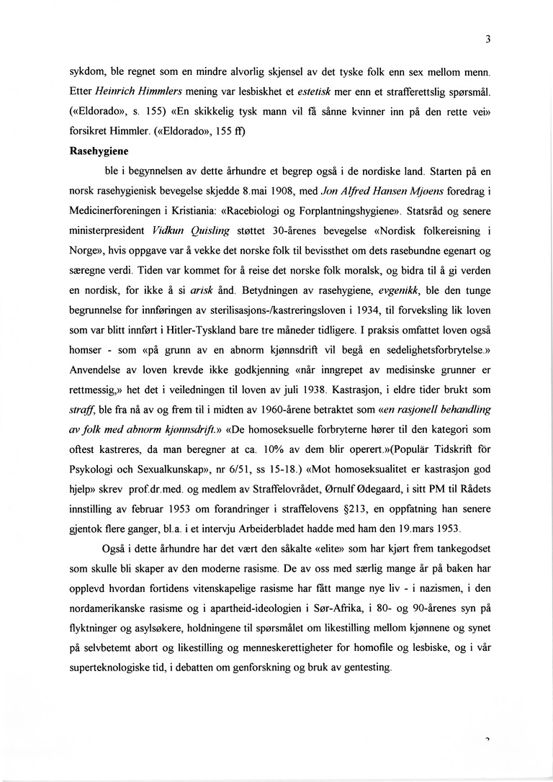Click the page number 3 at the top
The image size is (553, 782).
(x=487, y=40)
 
